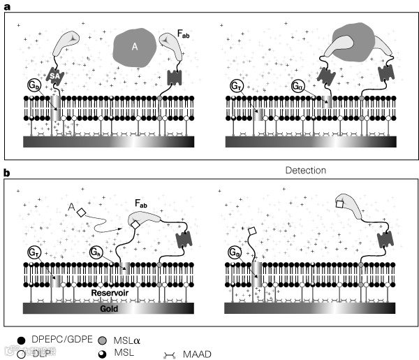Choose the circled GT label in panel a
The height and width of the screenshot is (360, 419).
tap(236, 89)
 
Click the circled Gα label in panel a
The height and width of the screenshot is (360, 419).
tap(300, 89)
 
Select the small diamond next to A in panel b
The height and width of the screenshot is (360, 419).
tap(81, 210)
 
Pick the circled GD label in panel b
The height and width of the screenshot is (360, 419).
tap(236, 254)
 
